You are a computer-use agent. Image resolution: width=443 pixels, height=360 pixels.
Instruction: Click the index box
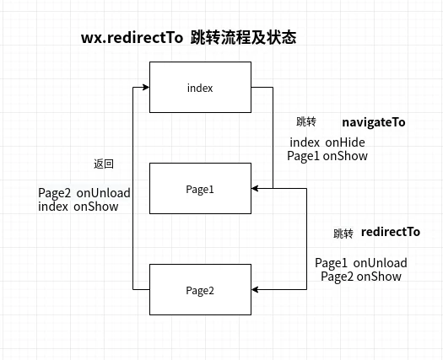coord(200,88)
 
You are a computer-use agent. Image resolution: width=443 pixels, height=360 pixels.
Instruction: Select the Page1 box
coord(200,189)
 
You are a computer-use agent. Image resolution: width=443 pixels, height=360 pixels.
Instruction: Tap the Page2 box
coord(200,290)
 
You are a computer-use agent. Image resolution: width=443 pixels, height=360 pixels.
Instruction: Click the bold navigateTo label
coord(373,122)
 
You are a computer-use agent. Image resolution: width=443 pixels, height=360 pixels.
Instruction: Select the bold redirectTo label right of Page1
coord(390,232)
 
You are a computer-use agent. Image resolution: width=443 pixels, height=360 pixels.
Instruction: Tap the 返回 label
coord(103,164)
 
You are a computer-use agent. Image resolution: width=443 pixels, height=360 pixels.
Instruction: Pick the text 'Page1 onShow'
coord(327,156)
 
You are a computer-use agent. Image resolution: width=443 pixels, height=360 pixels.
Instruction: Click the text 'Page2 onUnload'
coord(84,193)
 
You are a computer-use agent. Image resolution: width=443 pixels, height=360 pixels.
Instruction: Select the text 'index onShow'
coord(78,206)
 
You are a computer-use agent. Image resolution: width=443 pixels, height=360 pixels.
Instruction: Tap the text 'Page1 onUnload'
coord(360,263)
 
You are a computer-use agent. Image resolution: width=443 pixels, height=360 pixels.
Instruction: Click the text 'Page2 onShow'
coord(360,276)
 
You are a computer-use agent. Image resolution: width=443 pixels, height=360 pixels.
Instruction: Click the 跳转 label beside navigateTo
coord(306,122)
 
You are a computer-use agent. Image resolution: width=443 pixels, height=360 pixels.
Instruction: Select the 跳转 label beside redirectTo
coord(343,234)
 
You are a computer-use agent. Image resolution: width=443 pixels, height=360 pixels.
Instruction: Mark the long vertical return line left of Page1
coord(132,189)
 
